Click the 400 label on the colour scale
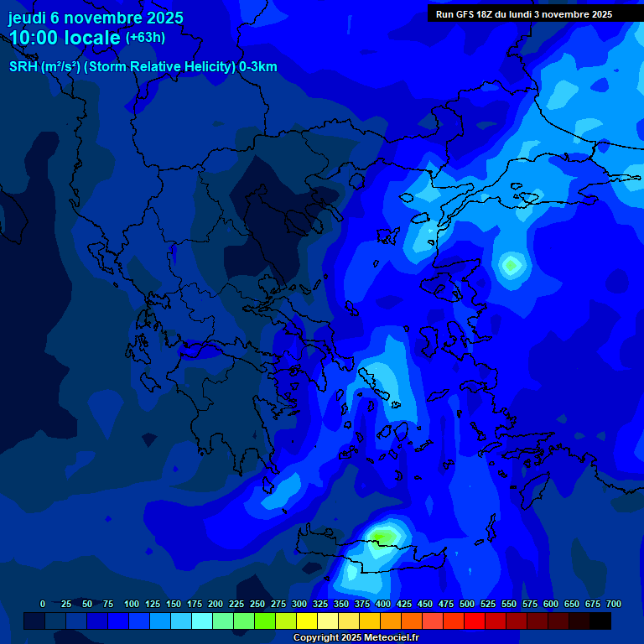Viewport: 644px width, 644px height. click(x=383, y=604)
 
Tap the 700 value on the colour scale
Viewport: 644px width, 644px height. click(x=613, y=604)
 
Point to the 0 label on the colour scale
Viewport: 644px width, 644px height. click(x=43, y=604)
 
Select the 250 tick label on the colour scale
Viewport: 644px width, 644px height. click(x=257, y=604)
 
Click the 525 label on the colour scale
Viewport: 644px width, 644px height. click(x=488, y=604)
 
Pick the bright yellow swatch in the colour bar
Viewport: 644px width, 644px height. click(x=307, y=621)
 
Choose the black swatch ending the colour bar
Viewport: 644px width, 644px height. click(x=600, y=621)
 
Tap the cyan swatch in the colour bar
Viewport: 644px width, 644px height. click(x=202, y=621)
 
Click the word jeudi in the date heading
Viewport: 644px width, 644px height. click(x=28, y=18)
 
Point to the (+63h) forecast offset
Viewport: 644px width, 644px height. click(x=145, y=38)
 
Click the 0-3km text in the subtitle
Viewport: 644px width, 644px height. click(x=257, y=67)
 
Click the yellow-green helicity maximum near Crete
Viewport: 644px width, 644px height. click(x=383, y=534)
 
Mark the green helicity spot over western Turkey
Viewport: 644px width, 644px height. click(x=510, y=266)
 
